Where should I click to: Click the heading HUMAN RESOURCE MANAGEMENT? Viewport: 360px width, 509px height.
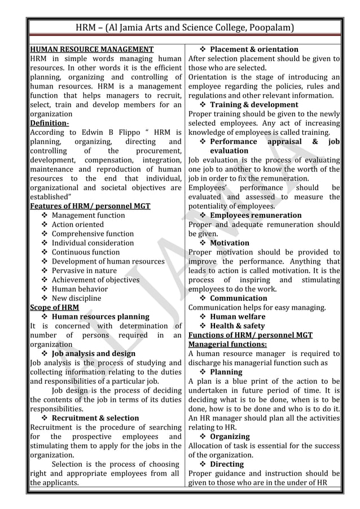tap(91, 50)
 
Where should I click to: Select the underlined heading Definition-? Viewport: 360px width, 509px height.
tap(49, 123)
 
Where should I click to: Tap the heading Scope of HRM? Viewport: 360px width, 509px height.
tap(54, 308)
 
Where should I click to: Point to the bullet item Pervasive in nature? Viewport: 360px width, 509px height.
tap(84, 271)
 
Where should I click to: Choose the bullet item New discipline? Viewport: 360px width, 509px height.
tap(76, 299)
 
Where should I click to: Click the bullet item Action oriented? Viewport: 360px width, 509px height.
tap(78, 225)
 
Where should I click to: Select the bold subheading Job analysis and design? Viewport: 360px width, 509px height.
tap(93, 354)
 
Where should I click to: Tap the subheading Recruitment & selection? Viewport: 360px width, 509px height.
tap(95, 418)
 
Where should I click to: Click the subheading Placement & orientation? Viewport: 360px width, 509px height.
tap(254, 50)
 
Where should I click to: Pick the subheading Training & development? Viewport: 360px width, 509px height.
tap(254, 105)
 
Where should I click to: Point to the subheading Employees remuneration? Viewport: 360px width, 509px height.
tap(256, 216)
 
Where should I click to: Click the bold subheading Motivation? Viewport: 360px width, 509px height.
tap(229, 243)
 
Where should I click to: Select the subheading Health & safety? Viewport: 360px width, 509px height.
tap(237, 326)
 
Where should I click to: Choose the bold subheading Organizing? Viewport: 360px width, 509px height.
tap(230, 437)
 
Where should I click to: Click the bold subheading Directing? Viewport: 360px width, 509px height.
tap(227, 464)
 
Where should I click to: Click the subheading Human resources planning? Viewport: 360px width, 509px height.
tap(100, 317)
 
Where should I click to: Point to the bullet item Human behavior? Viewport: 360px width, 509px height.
tap(80, 289)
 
